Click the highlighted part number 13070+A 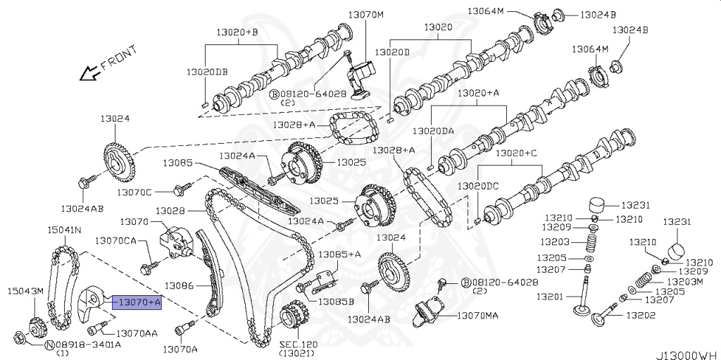pos(139,302)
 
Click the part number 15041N pos(64,230)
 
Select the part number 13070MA pos(477,316)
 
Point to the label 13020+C pos(515,153)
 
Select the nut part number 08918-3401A pos(88,345)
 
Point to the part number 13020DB pos(207,72)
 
